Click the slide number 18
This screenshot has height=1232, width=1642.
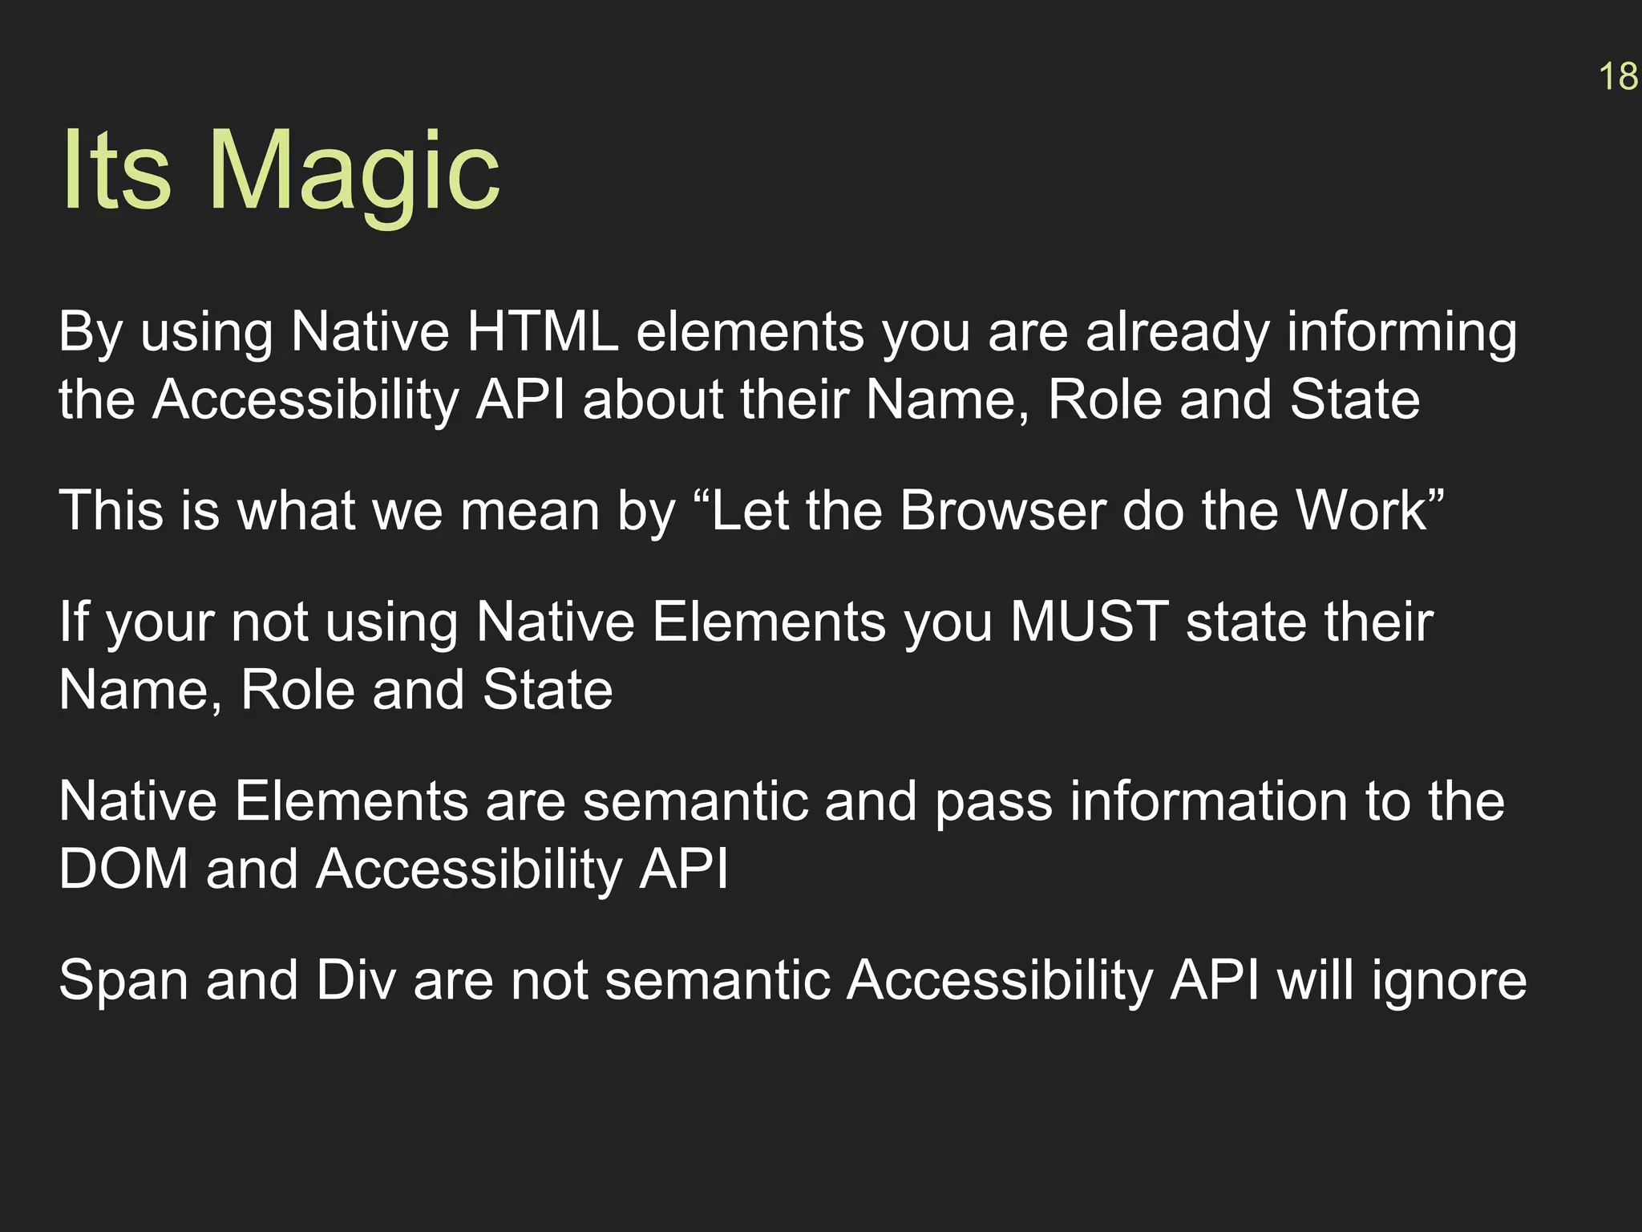[x=1618, y=77]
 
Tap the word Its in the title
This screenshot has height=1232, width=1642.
[x=116, y=171]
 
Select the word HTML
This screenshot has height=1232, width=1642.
[x=543, y=331]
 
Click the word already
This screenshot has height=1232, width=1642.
[x=1177, y=333]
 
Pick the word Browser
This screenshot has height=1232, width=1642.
[x=1002, y=510]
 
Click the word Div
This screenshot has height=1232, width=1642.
[x=355, y=979]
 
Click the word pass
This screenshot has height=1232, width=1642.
[x=993, y=803]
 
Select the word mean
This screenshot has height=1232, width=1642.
[x=529, y=512]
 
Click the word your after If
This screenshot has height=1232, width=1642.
[x=159, y=623]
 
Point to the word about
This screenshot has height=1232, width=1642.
[x=653, y=399]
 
